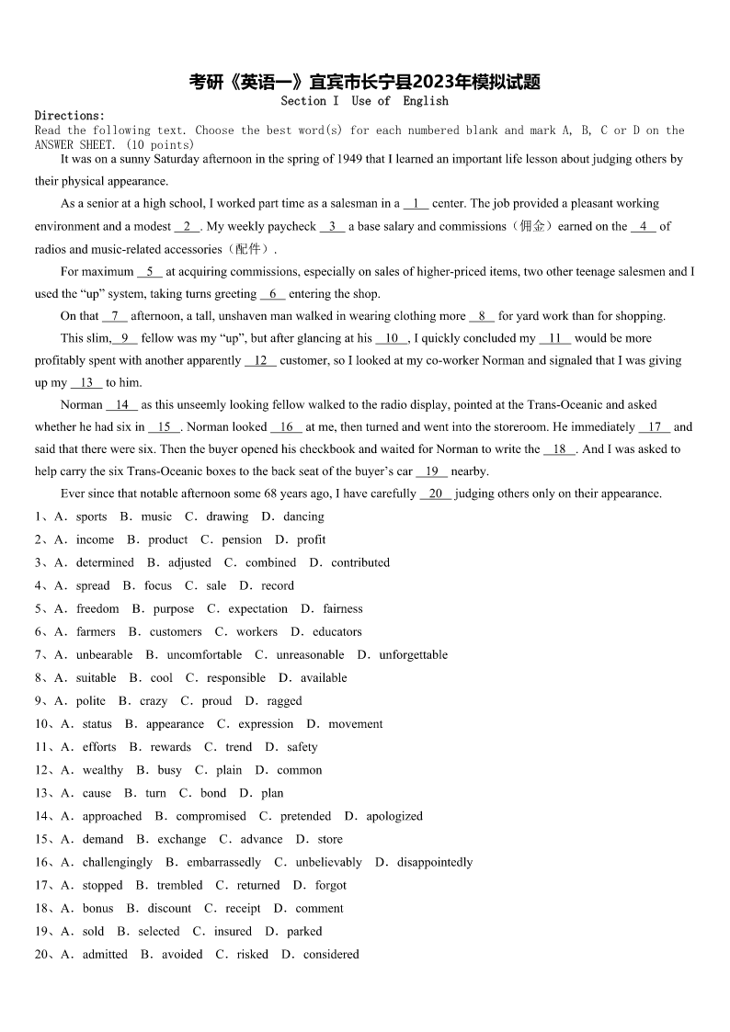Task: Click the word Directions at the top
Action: pyautogui.click(x=69, y=116)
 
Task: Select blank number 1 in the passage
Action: pyautogui.click(x=416, y=204)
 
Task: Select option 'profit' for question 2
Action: pyautogui.click(x=311, y=539)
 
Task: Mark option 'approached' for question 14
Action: pyautogui.click(x=112, y=816)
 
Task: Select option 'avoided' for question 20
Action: pyautogui.click(x=182, y=954)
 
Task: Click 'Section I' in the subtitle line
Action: pyautogui.click(x=310, y=101)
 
